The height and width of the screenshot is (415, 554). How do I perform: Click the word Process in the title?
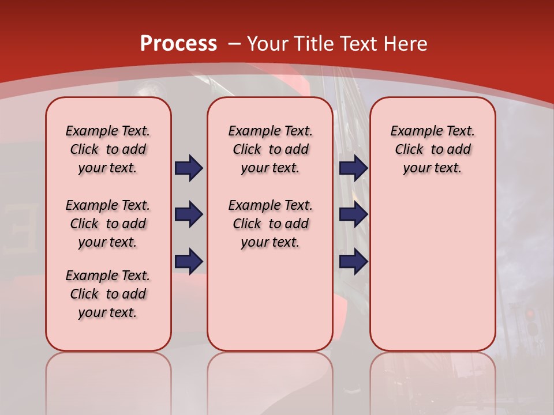click(178, 44)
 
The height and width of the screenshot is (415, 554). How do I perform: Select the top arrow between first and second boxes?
click(189, 168)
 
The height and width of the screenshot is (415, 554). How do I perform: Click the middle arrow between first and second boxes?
click(189, 214)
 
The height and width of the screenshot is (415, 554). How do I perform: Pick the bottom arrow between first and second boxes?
click(189, 261)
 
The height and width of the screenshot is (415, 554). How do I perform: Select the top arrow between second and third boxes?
click(353, 168)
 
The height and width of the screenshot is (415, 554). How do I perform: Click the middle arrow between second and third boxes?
click(353, 214)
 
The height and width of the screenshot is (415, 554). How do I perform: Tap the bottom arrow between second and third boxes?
click(353, 261)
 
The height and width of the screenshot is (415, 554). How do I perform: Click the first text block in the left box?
click(108, 149)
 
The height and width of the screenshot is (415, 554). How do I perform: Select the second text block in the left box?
click(108, 224)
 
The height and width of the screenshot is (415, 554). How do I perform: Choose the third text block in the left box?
click(108, 294)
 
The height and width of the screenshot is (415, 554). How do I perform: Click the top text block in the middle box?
click(270, 149)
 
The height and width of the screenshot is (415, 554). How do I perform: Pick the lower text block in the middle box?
click(270, 224)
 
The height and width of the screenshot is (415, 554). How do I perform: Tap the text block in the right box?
click(432, 149)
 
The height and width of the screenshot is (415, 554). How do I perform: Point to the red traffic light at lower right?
click(530, 315)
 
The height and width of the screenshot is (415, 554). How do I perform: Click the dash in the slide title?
click(234, 44)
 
